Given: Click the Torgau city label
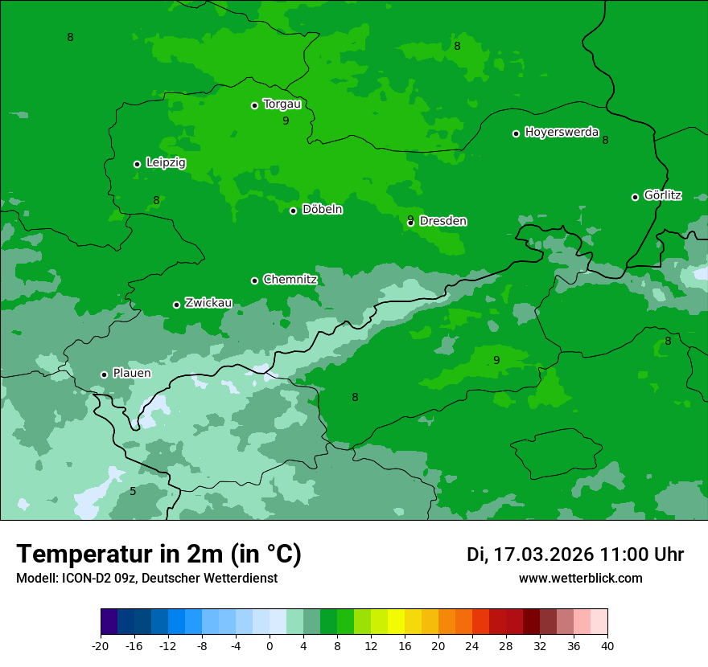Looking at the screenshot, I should [x=282, y=104].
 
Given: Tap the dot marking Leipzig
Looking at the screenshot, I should [x=137, y=164].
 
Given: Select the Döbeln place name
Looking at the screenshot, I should [x=322, y=210].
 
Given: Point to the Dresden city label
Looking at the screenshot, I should [x=443, y=221].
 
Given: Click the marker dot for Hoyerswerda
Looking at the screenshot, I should [x=516, y=133].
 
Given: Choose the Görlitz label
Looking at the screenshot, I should [x=663, y=195].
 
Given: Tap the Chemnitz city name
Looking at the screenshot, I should [x=290, y=280].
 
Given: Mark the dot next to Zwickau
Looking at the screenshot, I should [x=176, y=305].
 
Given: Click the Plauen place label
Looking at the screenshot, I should [x=132, y=374].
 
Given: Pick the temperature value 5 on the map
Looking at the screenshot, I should [x=133, y=491].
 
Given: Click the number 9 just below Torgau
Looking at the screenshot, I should [x=286, y=121].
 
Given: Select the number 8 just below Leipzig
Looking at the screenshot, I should [x=156, y=200].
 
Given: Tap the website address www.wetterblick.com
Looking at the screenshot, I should [x=580, y=579].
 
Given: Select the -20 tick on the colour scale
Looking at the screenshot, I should [x=101, y=645].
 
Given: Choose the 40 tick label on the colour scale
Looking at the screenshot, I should [x=607, y=645].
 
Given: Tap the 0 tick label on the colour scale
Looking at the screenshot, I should [x=270, y=645].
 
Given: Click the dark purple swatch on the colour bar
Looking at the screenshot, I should [x=109, y=622].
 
